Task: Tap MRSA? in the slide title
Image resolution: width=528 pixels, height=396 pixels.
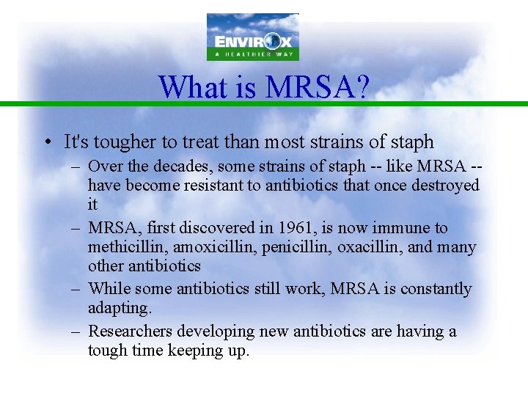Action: click(318, 87)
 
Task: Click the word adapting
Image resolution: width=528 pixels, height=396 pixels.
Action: click(119, 309)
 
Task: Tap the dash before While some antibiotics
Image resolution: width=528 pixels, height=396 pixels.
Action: click(76, 289)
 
